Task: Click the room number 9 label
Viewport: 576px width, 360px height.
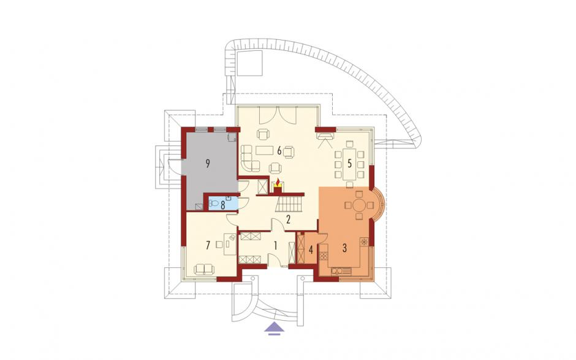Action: point(208,164)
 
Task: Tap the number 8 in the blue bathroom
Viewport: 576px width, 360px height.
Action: point(222,205)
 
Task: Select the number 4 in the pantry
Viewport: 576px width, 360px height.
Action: point(311,250)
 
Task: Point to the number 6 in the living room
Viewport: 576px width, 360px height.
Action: point(279,150)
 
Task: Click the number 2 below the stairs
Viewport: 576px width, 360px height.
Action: point(289,220)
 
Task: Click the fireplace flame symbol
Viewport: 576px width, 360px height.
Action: point(278,182)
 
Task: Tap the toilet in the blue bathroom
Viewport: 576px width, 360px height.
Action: point(213,202)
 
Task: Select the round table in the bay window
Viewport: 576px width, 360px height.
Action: point(359,205)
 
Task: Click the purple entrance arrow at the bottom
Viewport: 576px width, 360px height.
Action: point(275,327)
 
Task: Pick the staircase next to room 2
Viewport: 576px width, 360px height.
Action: point(290,204)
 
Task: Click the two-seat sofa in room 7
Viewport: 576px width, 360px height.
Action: point(204,270)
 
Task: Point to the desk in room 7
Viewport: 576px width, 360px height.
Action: point(230,244)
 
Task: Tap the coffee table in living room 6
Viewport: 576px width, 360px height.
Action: point(265,150)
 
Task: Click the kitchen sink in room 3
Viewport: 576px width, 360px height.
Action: point(341,272)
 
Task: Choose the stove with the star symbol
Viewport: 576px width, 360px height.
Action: point(365,242)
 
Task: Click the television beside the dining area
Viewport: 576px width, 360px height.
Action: point(324,137)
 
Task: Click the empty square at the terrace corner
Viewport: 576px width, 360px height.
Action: point(249,63)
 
